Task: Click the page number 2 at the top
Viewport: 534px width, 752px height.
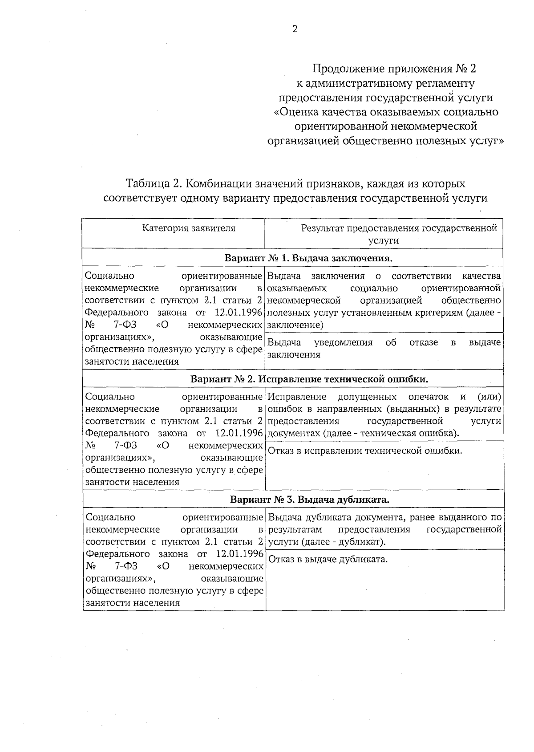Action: [294, 29]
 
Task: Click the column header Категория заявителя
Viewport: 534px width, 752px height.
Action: [189, 228]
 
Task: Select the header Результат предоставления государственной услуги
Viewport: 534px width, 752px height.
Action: [384, 234]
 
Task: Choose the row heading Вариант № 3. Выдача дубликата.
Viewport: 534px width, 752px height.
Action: [310, 500]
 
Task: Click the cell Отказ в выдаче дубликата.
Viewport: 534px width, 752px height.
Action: [328, 559]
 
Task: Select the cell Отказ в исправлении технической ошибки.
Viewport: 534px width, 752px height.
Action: [365, 451]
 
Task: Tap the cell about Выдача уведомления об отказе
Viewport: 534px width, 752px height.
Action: [384, 348]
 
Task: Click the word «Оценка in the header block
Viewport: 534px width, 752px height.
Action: [297, 112]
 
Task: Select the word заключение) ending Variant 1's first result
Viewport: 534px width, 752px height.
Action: [295, 325]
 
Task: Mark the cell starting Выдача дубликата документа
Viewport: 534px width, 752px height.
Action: [385, 529]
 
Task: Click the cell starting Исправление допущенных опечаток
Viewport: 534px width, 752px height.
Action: [385, 415]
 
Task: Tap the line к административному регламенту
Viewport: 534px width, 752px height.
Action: [385, 83]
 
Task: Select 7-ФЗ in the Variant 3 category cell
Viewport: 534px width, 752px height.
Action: [126, 566]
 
